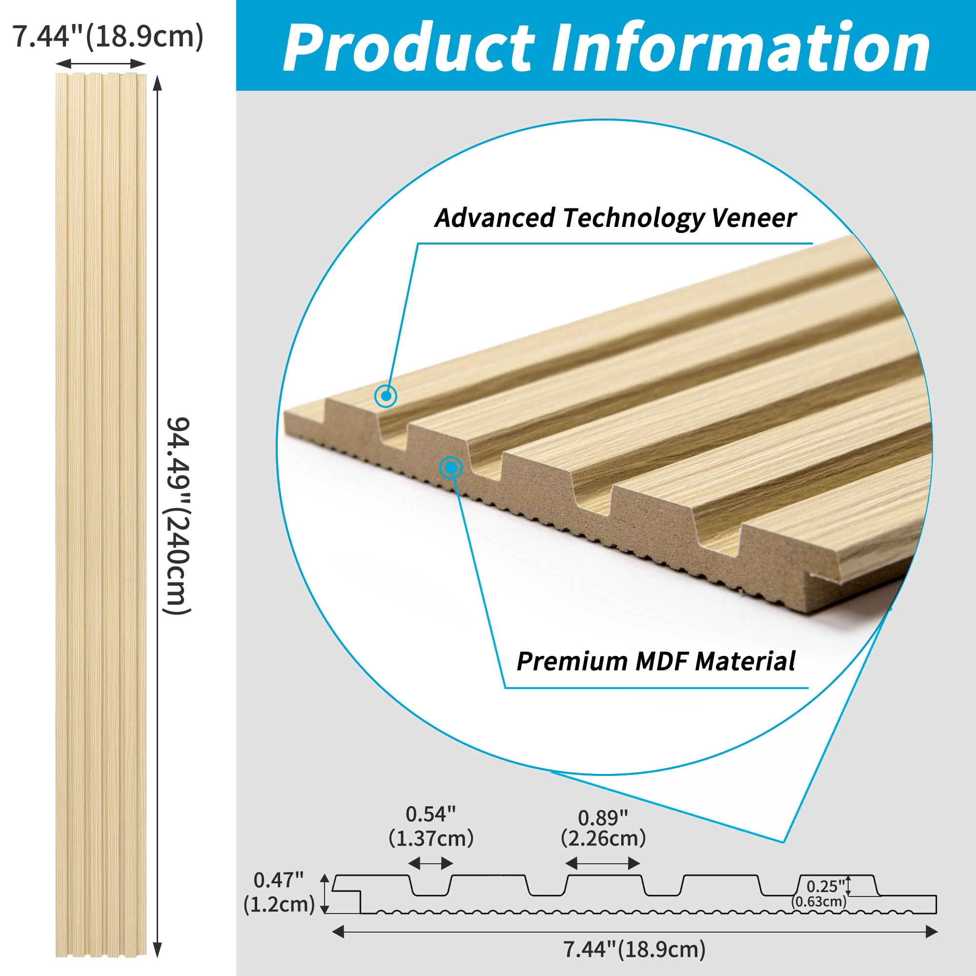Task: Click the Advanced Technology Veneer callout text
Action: pos(615,218)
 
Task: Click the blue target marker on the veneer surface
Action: pos(386,396)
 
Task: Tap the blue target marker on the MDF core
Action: pos(451,468)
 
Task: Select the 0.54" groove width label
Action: pos(431,814)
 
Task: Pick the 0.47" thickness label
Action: pos(278,880)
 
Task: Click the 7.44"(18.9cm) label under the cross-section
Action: pos(634,950)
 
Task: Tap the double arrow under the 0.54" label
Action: pos(430,864)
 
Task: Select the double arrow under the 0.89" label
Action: pos(603,863)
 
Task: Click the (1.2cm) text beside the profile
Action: pos(279,904)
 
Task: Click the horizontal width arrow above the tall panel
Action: pos(101,63)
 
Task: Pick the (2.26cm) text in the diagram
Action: pos(603,839)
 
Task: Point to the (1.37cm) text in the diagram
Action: pos(431,838)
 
